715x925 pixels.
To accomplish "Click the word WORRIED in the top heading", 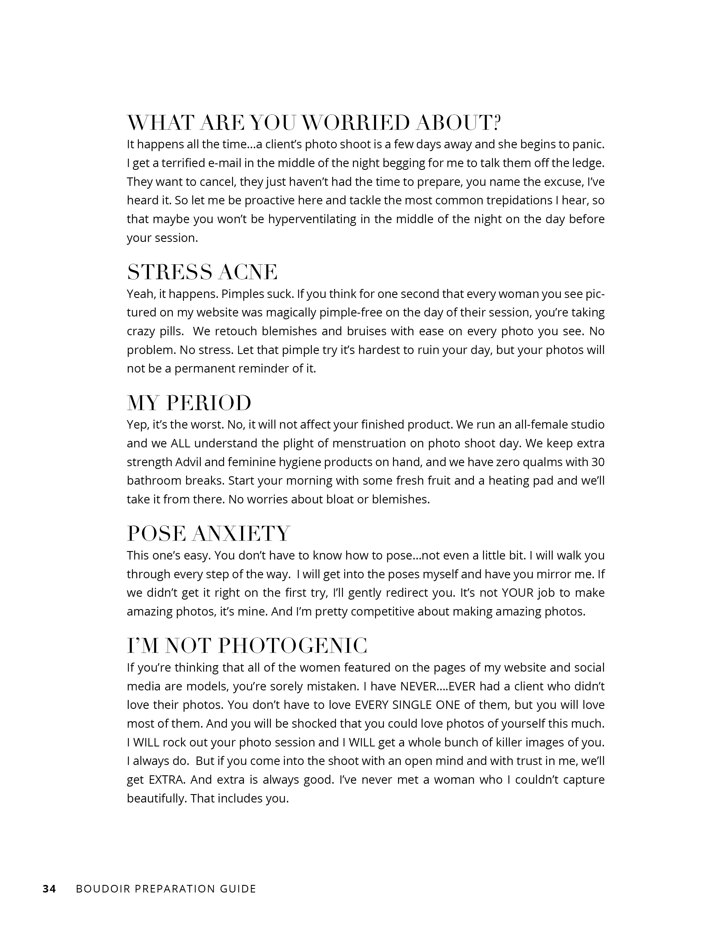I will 357,124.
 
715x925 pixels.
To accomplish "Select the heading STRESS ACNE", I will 202,272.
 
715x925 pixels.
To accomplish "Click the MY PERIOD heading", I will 189,403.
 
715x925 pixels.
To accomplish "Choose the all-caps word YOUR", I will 517,593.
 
